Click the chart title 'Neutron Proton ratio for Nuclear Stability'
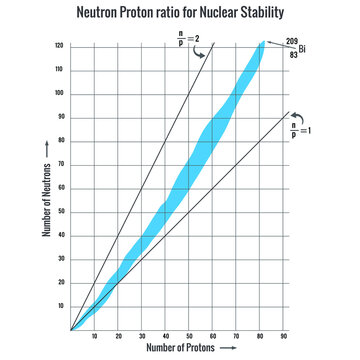click(x=180, y=13)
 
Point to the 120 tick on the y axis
click(x=60, y=46)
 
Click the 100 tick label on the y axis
click(x=60, y=93)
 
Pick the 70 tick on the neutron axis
click(x=61, y=164)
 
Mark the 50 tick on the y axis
click(x=61, y=211)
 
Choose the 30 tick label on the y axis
click(x=61, y=258)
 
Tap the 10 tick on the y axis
click(x=61, y=305)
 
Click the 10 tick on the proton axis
click(x=95, y=336)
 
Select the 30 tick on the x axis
click(x=142, y=336)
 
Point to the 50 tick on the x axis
click(x=189, y=336)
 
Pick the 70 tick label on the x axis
click(x=236, y=336)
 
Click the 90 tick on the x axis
click(x=283, y=336)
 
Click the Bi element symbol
click(x=301, y=47)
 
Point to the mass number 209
click(x=291, y=41)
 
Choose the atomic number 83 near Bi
click(x=291, y=52)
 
